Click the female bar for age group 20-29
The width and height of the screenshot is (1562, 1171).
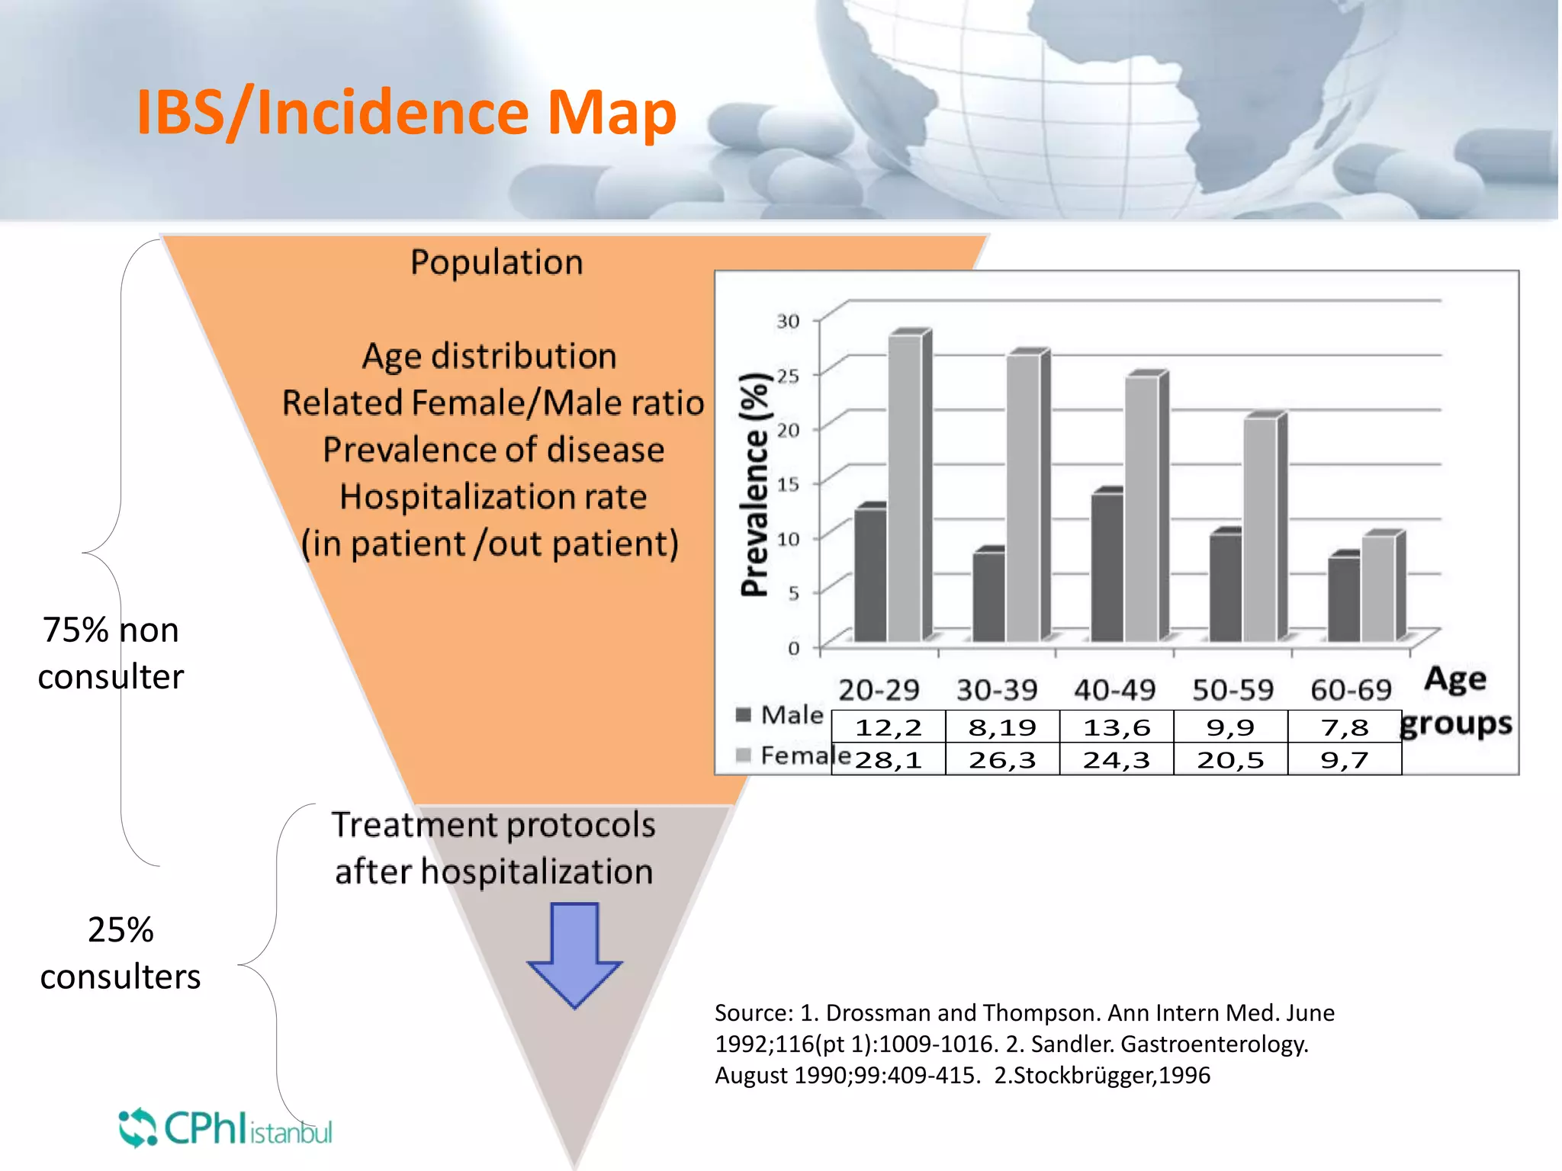tap(905, 488)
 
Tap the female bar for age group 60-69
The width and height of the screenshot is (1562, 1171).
tap(1379, 588)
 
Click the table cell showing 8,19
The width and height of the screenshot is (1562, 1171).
tap(1002, 727)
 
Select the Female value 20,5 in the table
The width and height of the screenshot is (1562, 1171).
tap(1230, 760)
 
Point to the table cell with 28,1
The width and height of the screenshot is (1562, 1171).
tap(889, 760)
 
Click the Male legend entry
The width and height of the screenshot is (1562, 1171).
tap(781, 715)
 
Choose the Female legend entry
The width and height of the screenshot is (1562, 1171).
tap(793, 756)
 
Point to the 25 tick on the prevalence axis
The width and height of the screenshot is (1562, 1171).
tap(789, 376)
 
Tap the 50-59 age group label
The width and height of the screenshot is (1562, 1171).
tap(1233, 690)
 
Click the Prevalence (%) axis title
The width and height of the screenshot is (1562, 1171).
tap(754, 485)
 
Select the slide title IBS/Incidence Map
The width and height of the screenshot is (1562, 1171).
tap(407, 113)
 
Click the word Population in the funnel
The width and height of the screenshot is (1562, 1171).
tap(497, 262)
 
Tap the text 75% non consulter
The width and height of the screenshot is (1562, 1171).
tap(111, 653)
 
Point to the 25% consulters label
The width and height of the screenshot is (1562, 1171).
tap(121, 953)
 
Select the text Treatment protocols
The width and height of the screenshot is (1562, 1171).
tap(493, 825)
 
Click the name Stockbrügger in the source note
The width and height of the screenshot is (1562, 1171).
tap(1082, 1076)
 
